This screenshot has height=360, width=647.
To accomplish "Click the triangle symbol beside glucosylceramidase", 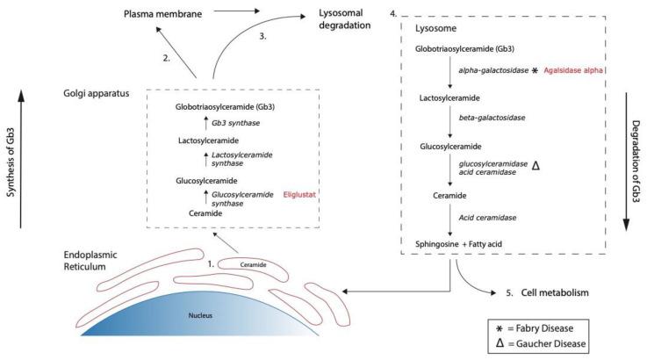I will pyautogui.click(x=559, y=164).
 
